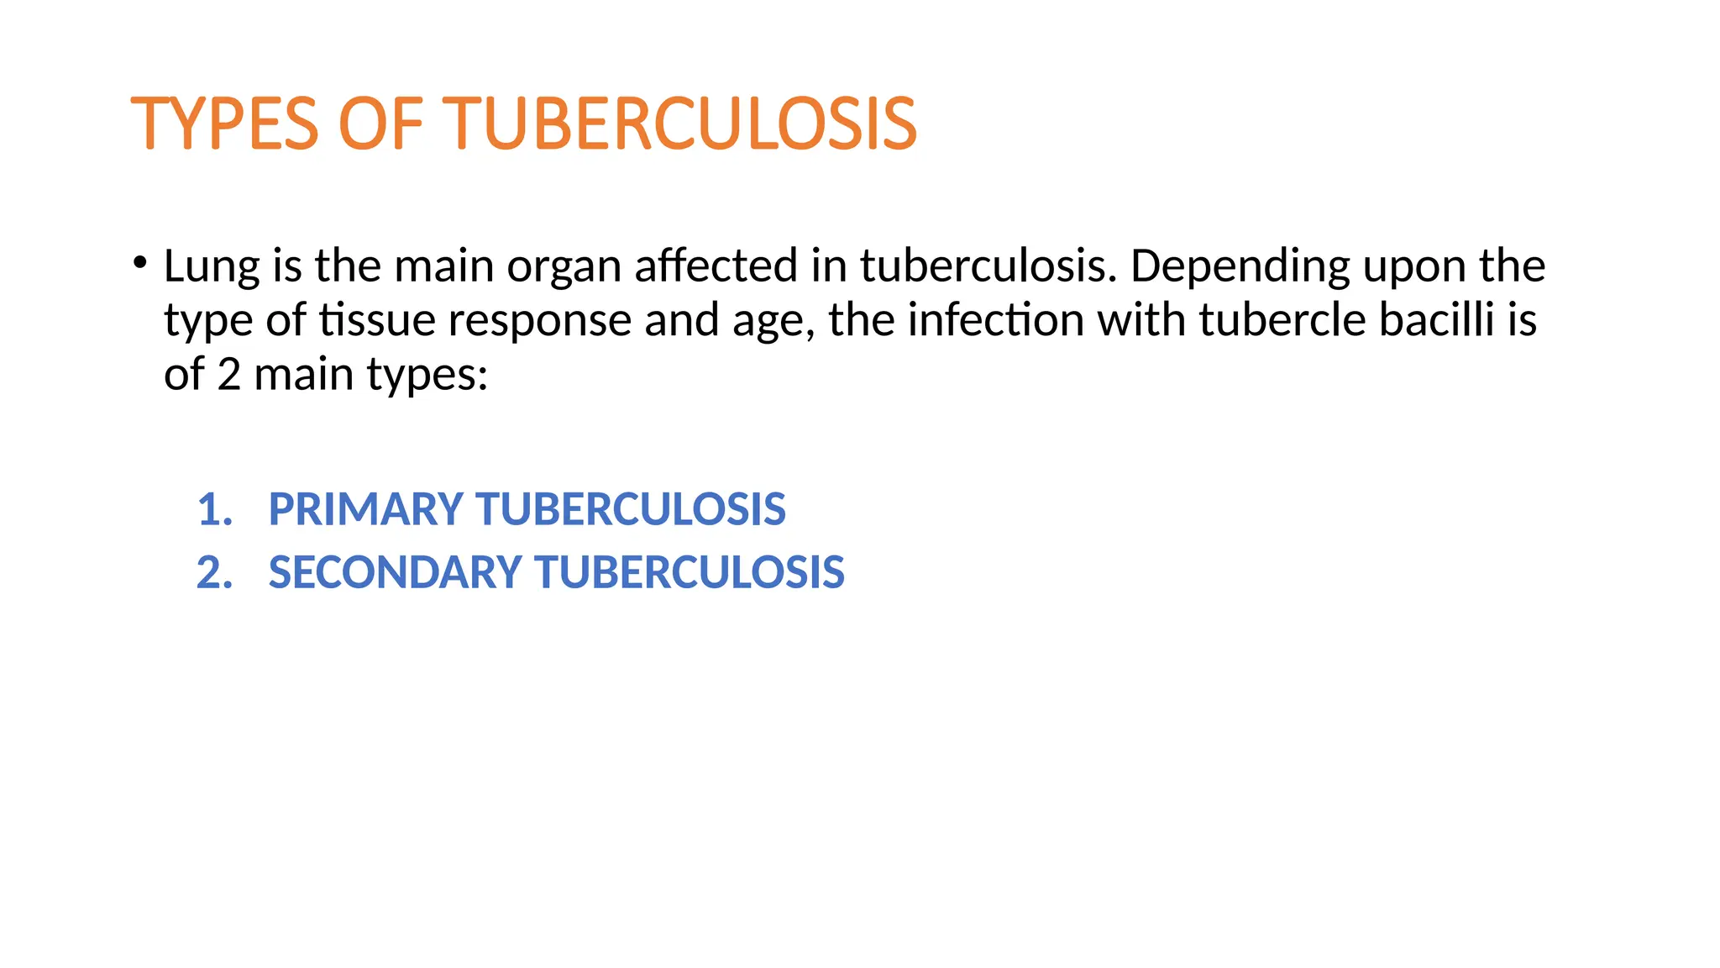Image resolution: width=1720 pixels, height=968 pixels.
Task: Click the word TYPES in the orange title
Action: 224,124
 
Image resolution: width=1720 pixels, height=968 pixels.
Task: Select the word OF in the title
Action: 380,124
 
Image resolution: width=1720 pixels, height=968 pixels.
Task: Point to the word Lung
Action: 212,267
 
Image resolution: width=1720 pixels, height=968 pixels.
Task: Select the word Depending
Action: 1240,267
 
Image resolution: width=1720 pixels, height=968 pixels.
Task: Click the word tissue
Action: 376,320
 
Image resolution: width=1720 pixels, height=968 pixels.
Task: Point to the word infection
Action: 995,320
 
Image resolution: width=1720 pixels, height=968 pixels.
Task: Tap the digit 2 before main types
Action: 228,374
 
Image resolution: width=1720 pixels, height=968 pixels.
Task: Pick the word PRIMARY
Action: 365,510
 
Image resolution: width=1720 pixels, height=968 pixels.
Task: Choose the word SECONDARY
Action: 395,573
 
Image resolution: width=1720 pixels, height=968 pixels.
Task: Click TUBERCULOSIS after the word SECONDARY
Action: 690,573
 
